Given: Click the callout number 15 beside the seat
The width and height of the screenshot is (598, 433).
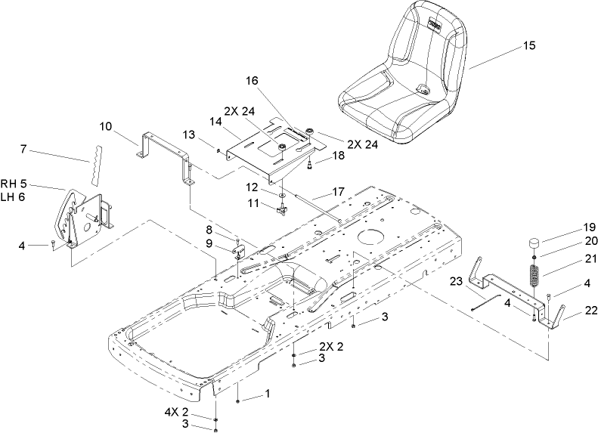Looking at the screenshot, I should [x=528, y=46].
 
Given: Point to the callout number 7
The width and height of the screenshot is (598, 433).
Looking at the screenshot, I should [x=24, y=150].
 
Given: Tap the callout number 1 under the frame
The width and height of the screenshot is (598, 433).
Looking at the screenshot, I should [x=266, y=394].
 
